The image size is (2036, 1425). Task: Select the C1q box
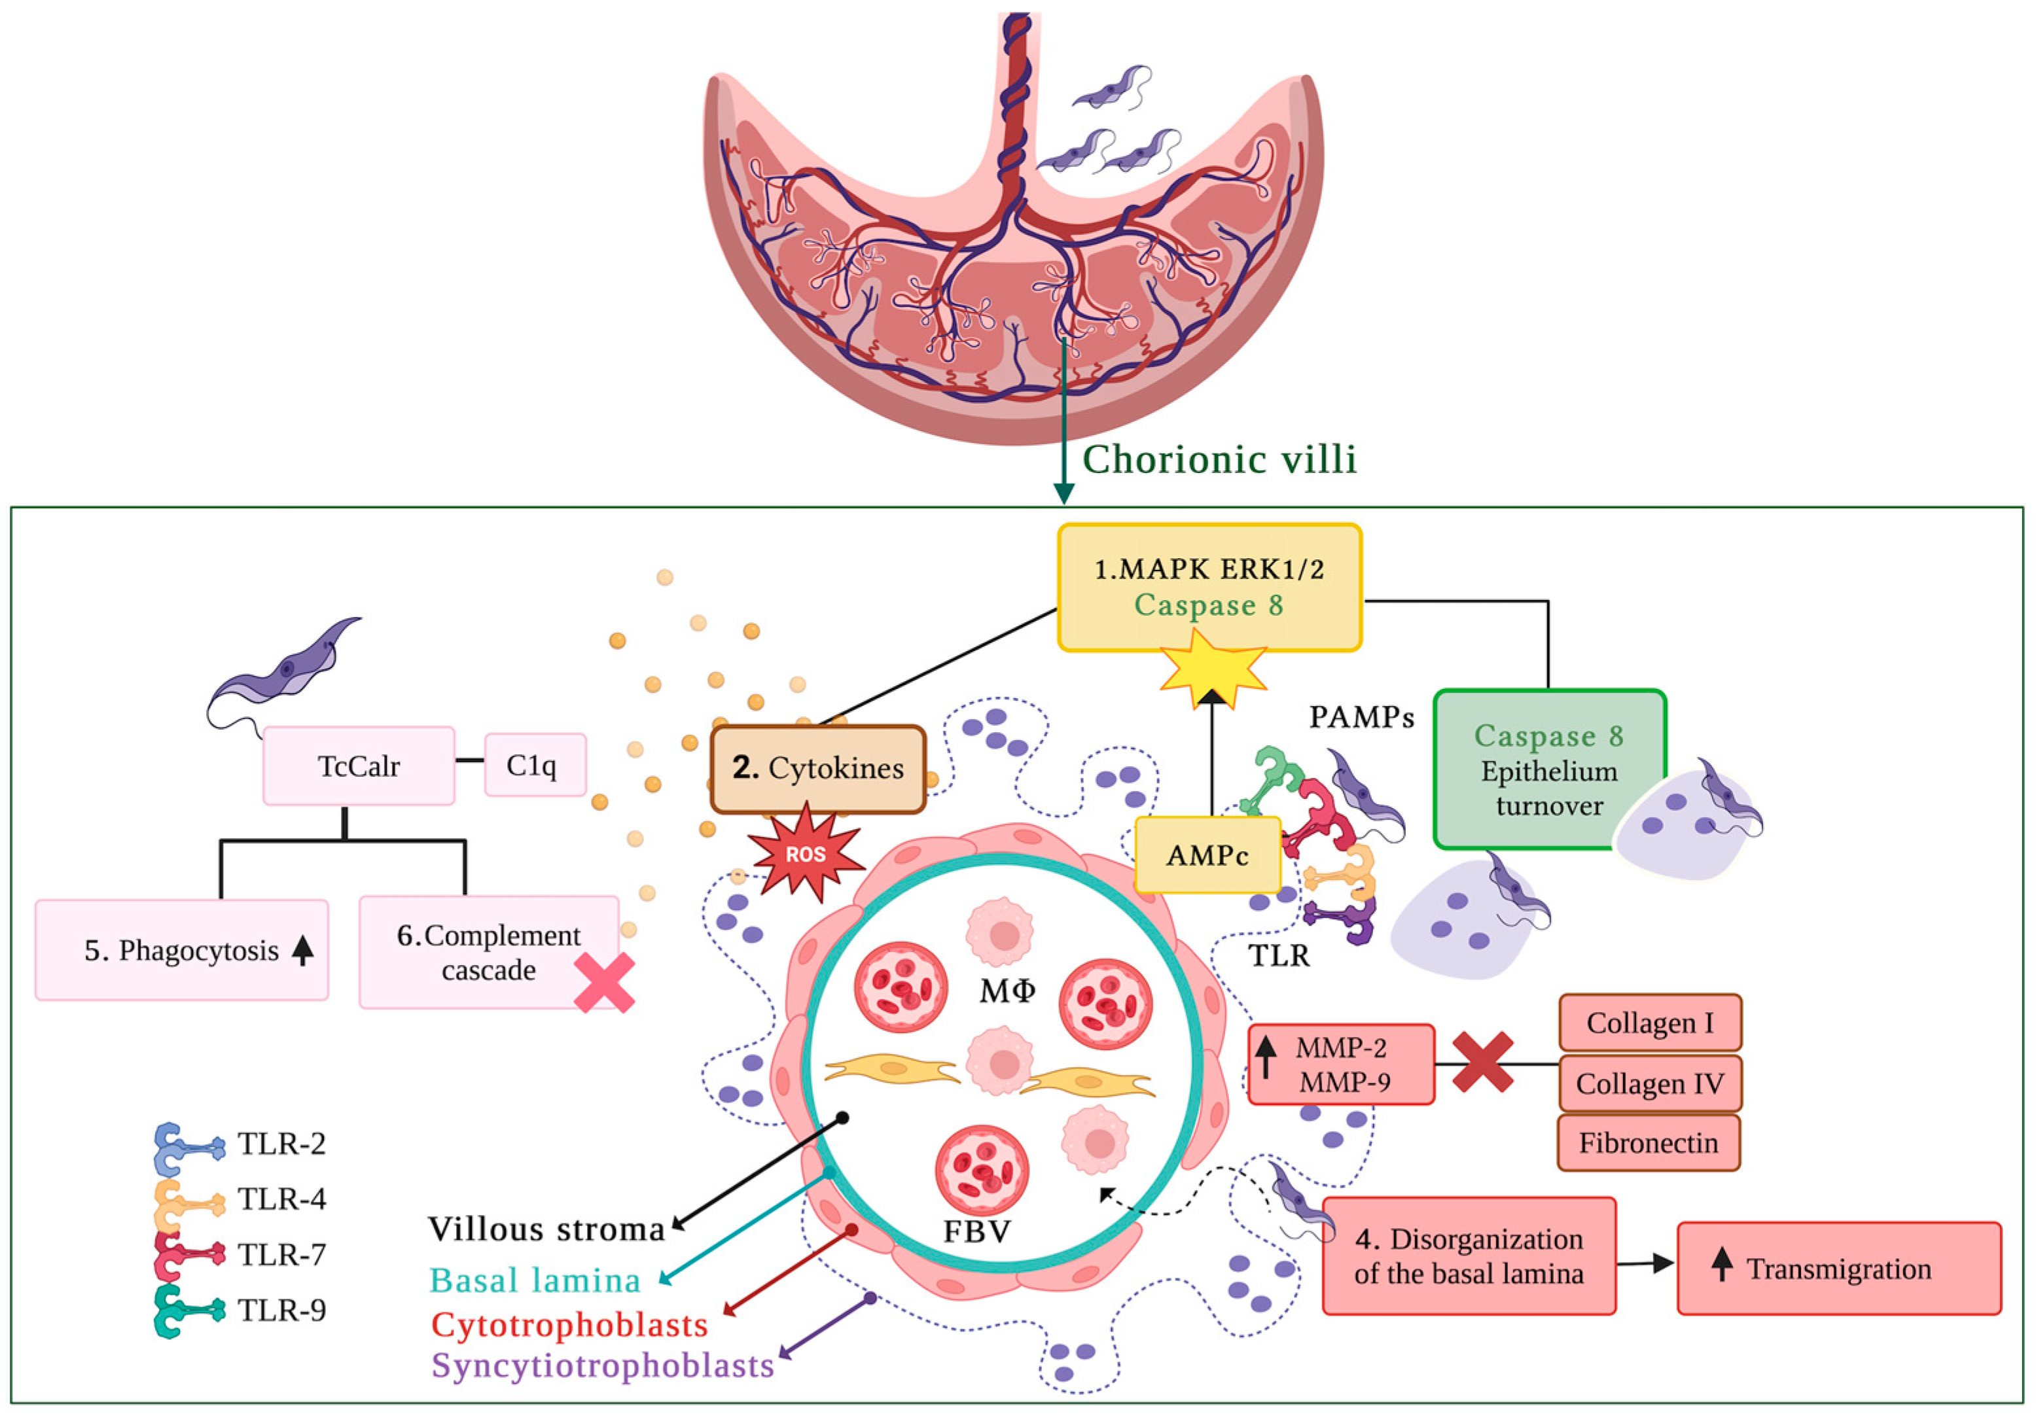click(x=535, y=764)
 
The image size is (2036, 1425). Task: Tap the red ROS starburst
click(x=805, y=854)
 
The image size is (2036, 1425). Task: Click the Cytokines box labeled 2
click(x=817, y=768)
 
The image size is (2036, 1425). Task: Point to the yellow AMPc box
click(x=1207, y=855)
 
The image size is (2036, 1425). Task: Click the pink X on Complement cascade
click(x=604, y=983)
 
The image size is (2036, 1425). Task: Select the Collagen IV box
click(x=1649, y=1083)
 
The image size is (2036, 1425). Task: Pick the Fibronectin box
click(x=1649, y=1142)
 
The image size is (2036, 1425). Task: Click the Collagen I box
click(x=1649, y=1023)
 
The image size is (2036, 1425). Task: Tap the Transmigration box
click(x=1838, y=1268)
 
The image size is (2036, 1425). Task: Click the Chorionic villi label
click(x=1219, y=459)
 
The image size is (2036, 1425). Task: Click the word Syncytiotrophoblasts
click(x=603, y=1365)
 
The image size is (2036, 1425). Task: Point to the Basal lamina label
click(x=535, y=1280)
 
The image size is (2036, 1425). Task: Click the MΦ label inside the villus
click(x=1007, y=991)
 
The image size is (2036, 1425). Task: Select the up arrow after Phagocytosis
click(x=302, y=951)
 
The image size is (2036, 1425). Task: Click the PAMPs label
click(x=1361, y=716)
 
